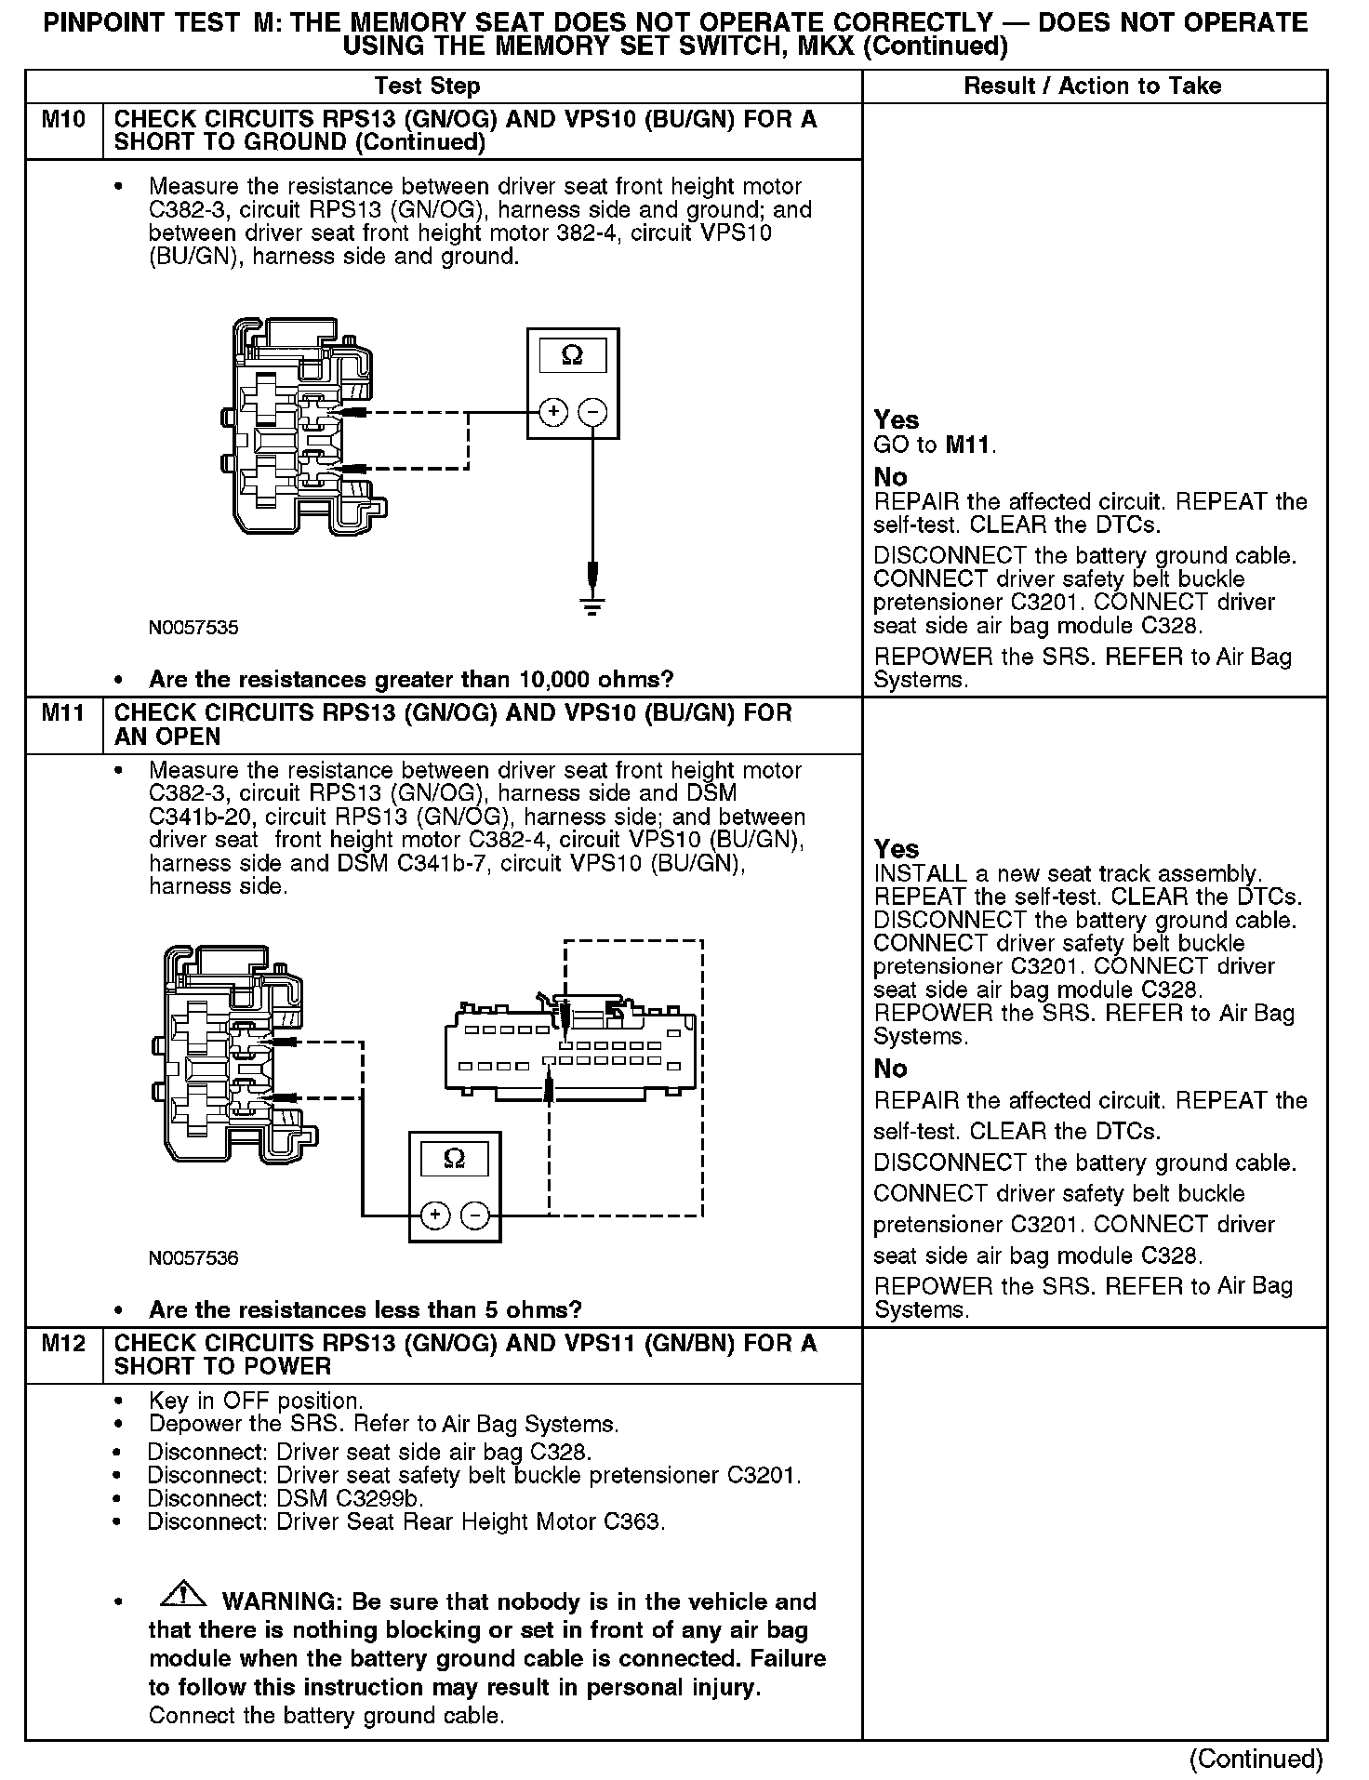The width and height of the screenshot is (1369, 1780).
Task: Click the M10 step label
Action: (x=63, y=120)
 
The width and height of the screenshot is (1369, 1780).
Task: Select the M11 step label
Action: (x=63, y=713)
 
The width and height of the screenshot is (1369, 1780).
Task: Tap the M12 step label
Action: (x=63, y=1343)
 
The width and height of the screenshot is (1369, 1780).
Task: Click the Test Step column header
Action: (x=427, y=86)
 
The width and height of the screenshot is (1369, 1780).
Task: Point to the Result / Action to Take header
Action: (x=1093, y=86)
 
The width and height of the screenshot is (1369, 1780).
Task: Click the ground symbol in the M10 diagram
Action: (x=592, y=604)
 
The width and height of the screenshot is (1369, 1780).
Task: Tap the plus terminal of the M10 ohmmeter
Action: (x=553, y=412)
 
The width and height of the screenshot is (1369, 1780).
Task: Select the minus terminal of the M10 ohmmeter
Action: (x=592, y=412)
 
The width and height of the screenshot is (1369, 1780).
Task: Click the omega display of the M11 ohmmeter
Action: (x=455, y=1158)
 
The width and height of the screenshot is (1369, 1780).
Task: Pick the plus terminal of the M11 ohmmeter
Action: (x=435, y=1215)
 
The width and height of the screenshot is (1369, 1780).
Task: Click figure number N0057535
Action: (x=193, y=628)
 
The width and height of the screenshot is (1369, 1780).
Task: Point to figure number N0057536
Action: (x=193, y=1258)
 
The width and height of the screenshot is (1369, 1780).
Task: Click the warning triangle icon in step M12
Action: (x=183, y=1594)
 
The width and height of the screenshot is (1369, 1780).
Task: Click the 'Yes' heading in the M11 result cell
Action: (x=897, y=848)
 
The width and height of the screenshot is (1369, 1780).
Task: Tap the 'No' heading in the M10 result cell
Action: (x=890, y=477)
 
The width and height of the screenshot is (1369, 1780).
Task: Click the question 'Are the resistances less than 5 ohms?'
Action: (x=366, y=1309)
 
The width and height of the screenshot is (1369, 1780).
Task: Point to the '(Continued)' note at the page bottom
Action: (x=1256, y=1758)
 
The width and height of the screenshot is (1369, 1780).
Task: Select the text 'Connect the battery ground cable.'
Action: (x=326, y=1716)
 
